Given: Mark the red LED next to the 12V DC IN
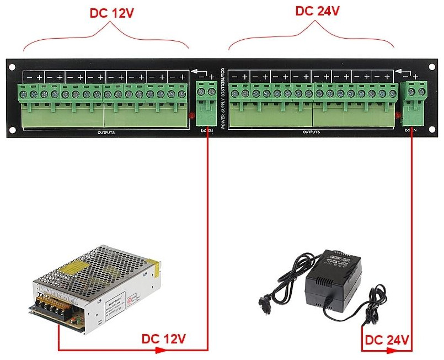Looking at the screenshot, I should [x=191, y=115].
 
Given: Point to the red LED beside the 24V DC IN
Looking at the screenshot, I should [x=398, y=115].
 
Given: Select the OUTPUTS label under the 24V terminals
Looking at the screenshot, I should [x=311, y=132].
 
